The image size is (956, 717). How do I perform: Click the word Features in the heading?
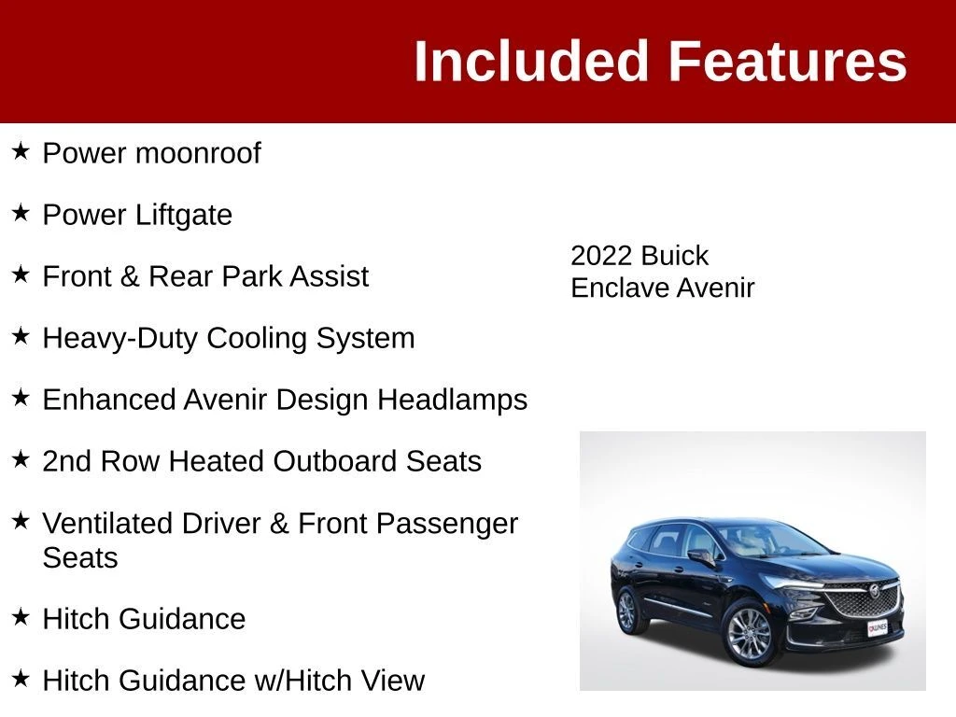pyautogui.click(x=788, y=61)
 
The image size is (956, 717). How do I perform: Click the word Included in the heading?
pyautogui.click(x=531, y=61)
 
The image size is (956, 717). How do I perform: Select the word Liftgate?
pyautogui.click(x=184, y=216)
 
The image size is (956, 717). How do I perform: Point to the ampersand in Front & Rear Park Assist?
pyautogui.click(x=130, y=276)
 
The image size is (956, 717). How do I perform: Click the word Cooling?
pyautogui.click(x=257, y=339)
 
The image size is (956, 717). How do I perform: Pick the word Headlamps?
pyautogui.click(x=453, y=401)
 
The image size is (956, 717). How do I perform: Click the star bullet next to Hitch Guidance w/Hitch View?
pyautogui.click(x=21, y=678)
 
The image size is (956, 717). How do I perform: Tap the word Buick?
pyautogui.click(x=674, y=256)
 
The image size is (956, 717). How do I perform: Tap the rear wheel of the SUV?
pyautogui.click(x=626, y=610)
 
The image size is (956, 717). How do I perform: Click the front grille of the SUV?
pyautogui.click(x=864, y=599)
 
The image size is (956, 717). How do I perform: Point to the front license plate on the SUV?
pyautogui.click(x=878, y=628)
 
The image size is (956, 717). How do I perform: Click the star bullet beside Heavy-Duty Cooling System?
pyautogui.click(x=21, y=335)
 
